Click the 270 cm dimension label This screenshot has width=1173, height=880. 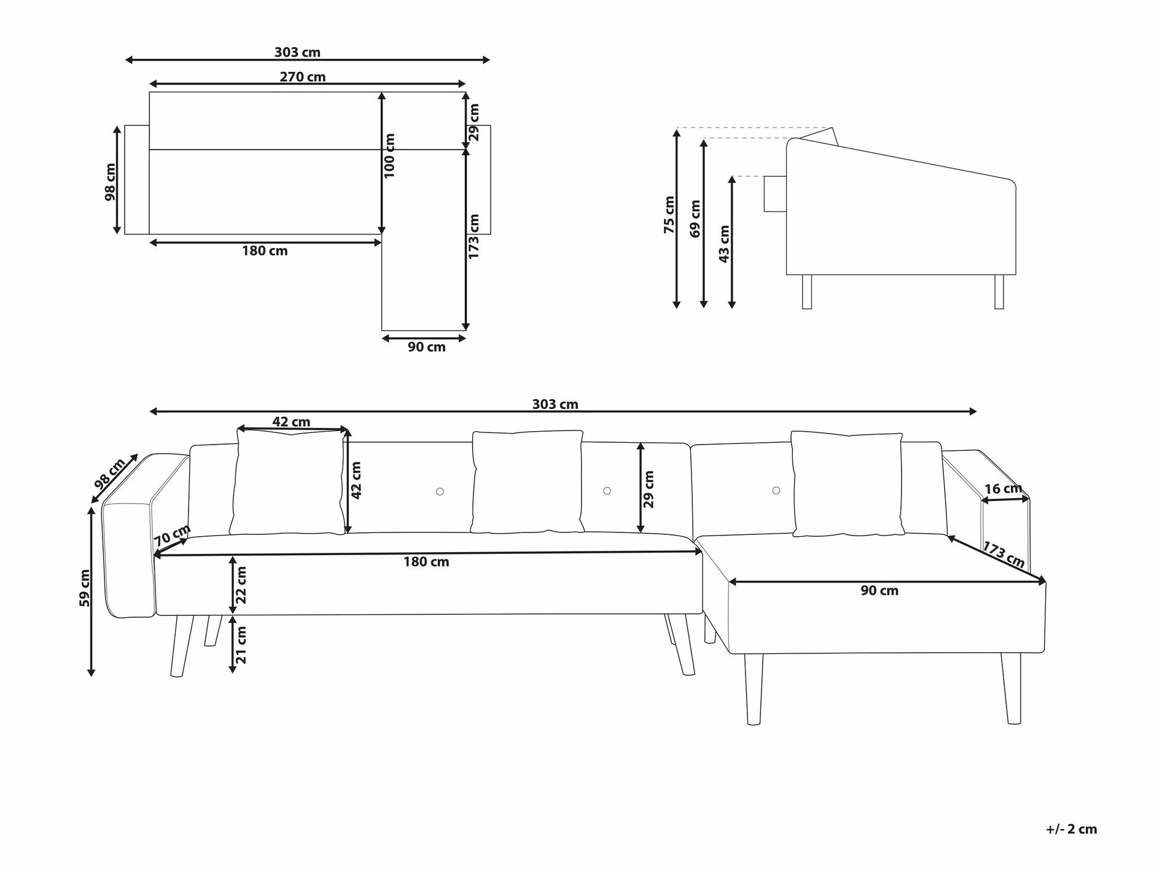(302, 77)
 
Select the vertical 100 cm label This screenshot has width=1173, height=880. (389, 155)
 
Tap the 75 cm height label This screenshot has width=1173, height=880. (669, 214)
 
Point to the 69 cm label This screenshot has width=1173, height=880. (695, 218)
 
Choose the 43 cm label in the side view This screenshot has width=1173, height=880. (724, 244)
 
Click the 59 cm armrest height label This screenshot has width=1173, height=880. (84, 588)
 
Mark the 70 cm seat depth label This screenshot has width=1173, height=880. (171, 535)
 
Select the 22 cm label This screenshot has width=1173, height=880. (241, 585)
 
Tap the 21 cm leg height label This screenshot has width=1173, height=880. (241, 645)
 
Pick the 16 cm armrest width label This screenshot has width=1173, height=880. (1003, 489)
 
